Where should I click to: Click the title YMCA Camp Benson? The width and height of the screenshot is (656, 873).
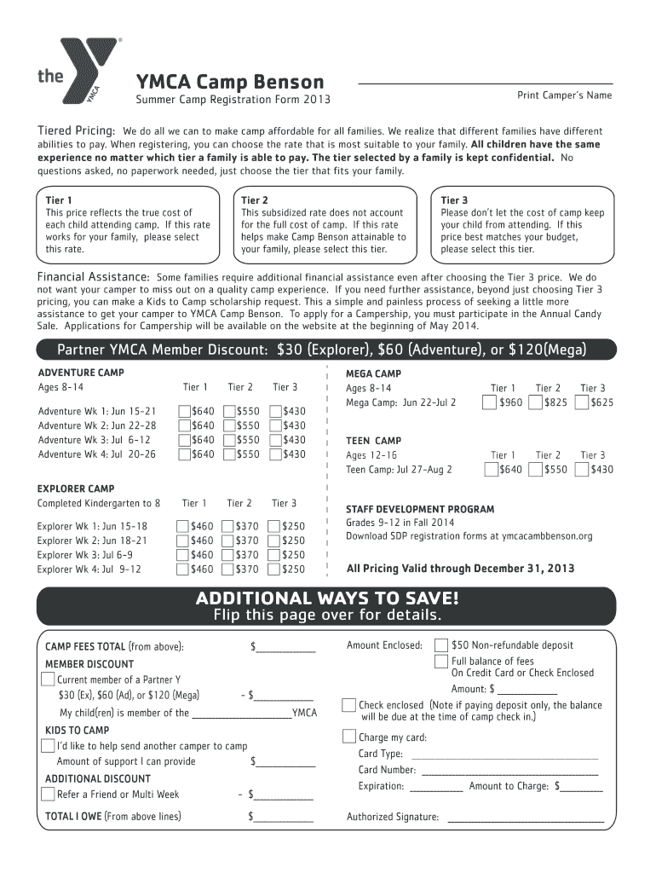click(230, 82)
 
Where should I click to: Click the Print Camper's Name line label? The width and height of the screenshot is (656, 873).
click(564, 95)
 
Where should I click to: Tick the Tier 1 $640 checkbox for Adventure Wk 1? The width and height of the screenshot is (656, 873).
click(185, 413)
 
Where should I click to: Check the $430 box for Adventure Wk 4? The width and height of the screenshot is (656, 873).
click(275, 455)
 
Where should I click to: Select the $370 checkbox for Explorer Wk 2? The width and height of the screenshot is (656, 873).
click(229, 541)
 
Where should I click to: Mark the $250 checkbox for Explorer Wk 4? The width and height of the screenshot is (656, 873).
click(274, 569)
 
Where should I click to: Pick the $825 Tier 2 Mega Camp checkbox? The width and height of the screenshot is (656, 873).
click(536, 402)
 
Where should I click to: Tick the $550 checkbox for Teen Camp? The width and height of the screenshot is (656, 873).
click(536, 470)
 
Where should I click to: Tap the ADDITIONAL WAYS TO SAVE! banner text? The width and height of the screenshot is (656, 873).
click(327, 598)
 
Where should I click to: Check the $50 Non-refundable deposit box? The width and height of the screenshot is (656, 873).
click(441, 645)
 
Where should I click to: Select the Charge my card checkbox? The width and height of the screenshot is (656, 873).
click(349, 737)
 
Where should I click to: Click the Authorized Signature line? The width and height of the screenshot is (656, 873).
click(525, 818)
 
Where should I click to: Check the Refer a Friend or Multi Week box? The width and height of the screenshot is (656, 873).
click(49, 795)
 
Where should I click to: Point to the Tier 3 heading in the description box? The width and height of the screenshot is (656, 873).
click(454, 200)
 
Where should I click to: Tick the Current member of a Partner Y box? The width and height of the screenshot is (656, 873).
click(49, 679)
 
